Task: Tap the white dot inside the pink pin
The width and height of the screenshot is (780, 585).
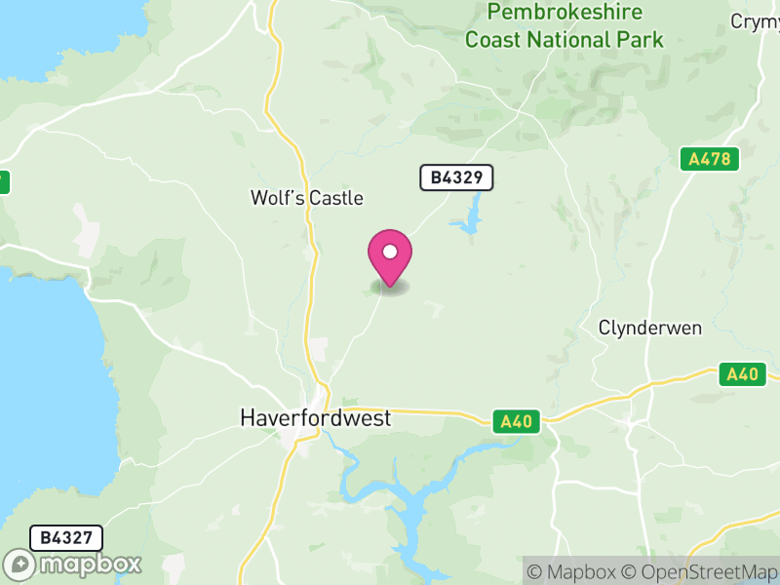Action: tap(390, 252)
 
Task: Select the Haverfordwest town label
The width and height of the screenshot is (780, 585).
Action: tap(315, 418)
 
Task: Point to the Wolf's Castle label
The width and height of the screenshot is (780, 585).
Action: tap(306, 198)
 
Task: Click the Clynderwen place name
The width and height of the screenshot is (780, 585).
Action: tap(650, 328)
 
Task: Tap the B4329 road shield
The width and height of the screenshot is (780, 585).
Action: tap(456, 177)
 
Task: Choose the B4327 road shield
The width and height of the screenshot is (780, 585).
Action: tap(66, 538)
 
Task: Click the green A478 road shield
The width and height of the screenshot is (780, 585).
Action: tap(710, 159)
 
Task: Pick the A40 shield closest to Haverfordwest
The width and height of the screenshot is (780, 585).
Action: tap(517, 421)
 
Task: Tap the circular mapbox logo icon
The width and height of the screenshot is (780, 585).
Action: tap(20, 565)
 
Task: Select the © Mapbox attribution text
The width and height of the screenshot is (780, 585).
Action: tap(574, 571)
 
